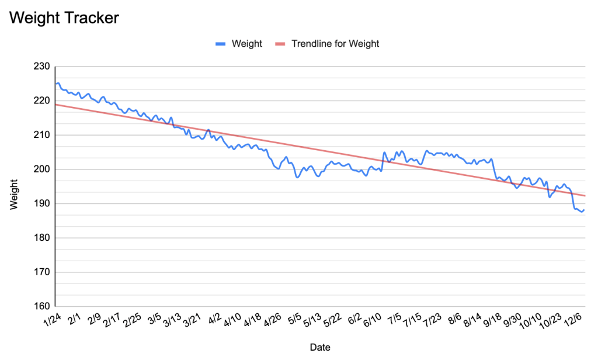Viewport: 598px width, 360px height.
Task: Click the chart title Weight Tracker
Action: (64, 18)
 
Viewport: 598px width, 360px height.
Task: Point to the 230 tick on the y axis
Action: (42, 67)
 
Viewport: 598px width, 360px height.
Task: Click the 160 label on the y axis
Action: (42, 306)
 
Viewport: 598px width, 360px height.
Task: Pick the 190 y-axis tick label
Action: (42, 204)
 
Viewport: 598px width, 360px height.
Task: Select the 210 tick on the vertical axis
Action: (42, 135)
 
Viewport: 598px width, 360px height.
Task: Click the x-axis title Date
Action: (319, 347)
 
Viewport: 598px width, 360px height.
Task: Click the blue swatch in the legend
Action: (220, 43)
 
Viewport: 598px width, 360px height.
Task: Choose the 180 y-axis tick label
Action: (42, 238)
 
